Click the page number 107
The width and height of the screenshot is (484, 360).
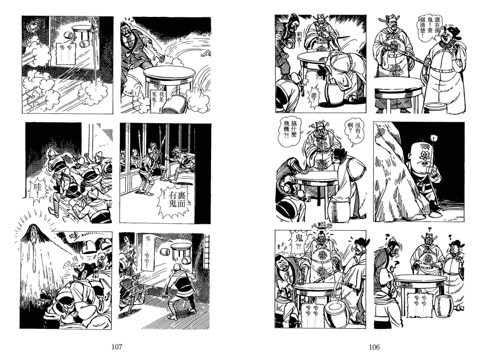(x=117, y=347)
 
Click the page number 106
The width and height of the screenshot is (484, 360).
(x=374, y=347)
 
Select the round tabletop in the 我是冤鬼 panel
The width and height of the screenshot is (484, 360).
(x=169, y=73)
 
